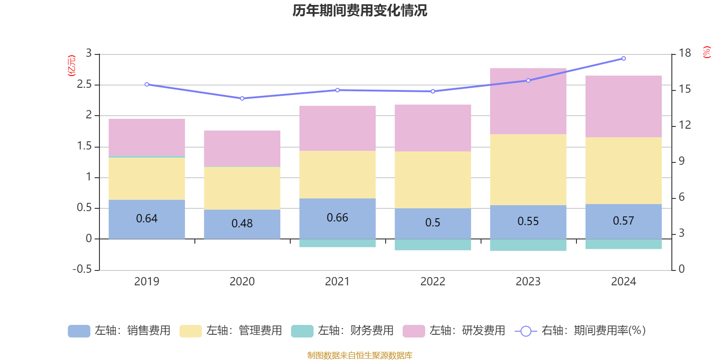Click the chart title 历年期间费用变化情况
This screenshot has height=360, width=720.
click(360, 10)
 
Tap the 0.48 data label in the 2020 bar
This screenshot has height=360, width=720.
click(242, 223)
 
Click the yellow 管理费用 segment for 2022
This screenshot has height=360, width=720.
click(433, 180)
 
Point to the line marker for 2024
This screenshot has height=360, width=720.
click(623, 58)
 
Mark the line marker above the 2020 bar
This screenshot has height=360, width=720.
click(242, 98)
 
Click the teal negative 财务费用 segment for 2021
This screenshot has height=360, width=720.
click(337, 243)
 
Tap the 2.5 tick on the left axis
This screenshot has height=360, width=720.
click(84, 85)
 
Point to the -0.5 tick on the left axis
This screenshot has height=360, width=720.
click(82, 269)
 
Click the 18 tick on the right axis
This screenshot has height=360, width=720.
click(684, 53)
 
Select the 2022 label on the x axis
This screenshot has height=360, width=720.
click(433, 281)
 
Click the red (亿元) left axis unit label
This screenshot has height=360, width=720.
click(72, 66)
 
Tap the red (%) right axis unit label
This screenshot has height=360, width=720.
click(707, 52)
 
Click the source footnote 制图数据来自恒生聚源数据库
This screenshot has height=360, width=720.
click(360, 355)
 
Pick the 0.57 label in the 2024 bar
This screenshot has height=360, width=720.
click(623, 220)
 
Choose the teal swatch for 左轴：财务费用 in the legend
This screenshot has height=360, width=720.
click(302, 331)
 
